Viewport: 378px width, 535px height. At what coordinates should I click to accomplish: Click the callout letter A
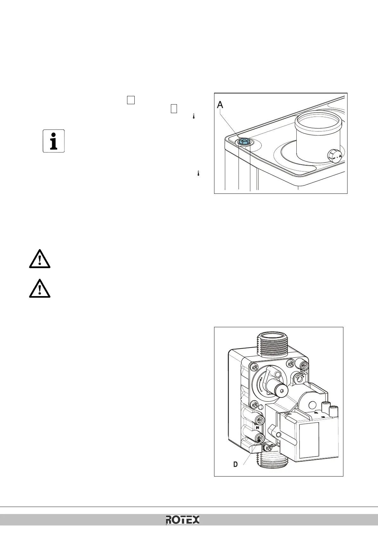pyautogui.click(x=220, y=105)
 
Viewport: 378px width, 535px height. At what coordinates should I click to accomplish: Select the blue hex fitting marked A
pyautogui.click(x=244, y=141)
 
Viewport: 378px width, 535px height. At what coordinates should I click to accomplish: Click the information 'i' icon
pyautogui.click(x=54, y=141)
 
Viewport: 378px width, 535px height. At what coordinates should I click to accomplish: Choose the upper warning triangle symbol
pyautogui.click(x=39, y=258)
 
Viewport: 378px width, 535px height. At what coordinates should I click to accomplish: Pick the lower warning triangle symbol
pyautogui.click(x=39, y=288)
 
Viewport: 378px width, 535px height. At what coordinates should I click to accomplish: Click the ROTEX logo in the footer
pyautogui.click(x=183, y=520)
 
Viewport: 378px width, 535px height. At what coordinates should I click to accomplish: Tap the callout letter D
pyautogui.click(x=235, y=464)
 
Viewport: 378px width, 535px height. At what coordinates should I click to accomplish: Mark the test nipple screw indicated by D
pyautogui.click(x=259, y=439)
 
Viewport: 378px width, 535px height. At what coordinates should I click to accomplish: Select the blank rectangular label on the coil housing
pyautogui.click(x=309, y=440)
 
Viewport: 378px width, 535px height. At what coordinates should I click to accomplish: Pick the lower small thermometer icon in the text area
pyautogui.click(x=198, y=173)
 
